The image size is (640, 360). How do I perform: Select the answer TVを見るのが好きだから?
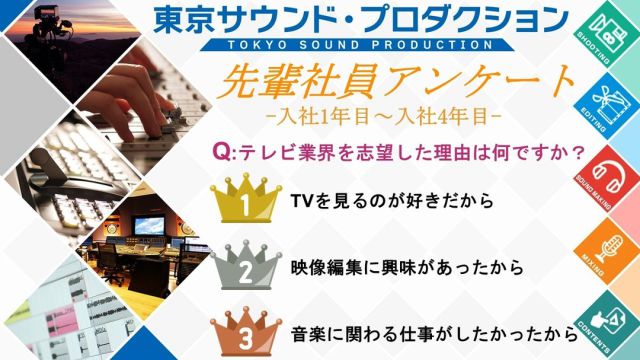tap(391, 201)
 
